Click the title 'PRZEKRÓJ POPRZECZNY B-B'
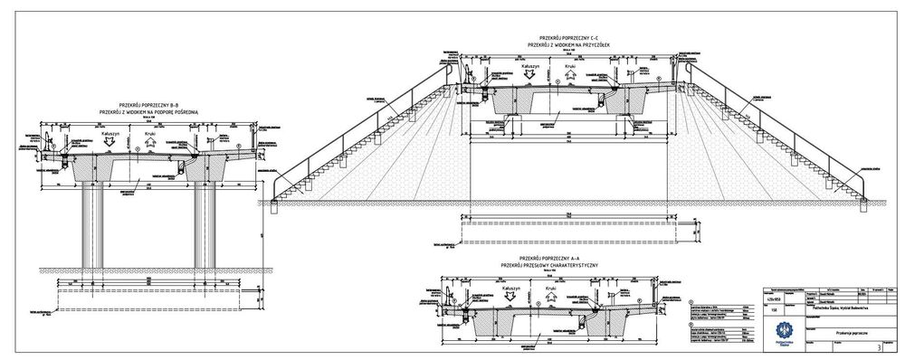(x=151, y=104)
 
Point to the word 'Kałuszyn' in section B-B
(x=100, y=133)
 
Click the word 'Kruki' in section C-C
(x=569, y=66)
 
